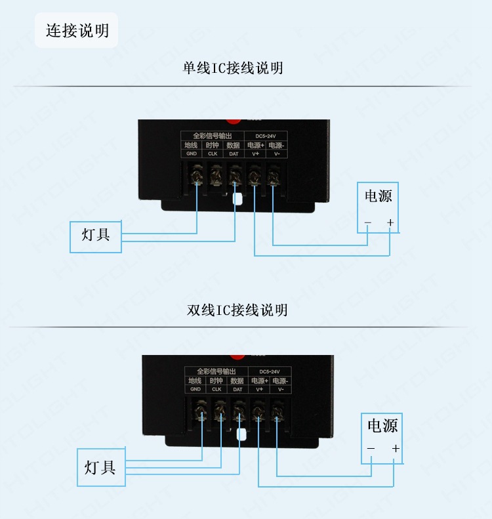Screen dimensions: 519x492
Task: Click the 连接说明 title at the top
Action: tap(77, 31)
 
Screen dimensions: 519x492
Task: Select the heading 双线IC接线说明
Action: tap(237, 310)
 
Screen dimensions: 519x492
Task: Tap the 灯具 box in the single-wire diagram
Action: tap(96, 236)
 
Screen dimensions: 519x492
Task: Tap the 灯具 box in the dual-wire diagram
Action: tap(100, 467)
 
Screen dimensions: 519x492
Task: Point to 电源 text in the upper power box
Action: tap(378, 196)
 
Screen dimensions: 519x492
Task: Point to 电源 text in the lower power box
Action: tap(382, 426)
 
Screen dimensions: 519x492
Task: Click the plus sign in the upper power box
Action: tap(390, 223)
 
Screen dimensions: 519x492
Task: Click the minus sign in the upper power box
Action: tap(367, 223)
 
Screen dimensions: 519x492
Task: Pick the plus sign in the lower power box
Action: tap(395, 449)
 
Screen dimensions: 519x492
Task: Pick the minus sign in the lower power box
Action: tap(371, 449)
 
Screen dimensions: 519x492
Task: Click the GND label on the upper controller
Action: tap(192, 154)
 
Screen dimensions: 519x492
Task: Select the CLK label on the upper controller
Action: tap(213, 154)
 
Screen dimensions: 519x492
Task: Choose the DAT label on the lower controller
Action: tap(237, 389)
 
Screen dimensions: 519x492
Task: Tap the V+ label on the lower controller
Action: tap(259, 389)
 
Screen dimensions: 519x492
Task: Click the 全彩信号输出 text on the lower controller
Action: tap(215, 371)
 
